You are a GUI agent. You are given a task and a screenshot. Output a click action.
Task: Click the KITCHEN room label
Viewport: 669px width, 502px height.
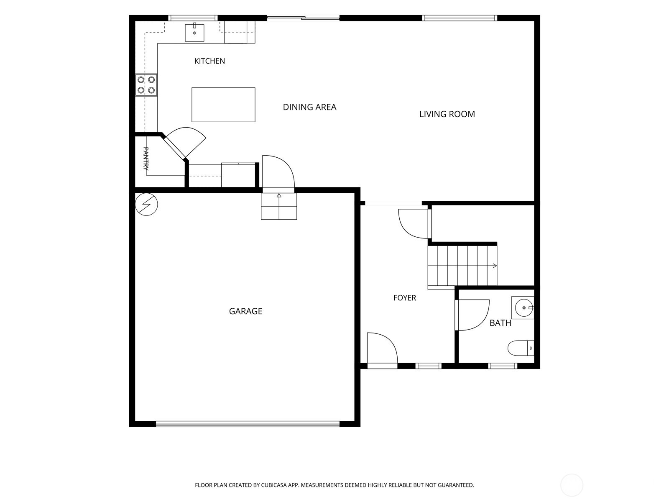209,61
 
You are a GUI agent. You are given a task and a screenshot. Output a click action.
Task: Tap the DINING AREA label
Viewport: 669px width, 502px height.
309,107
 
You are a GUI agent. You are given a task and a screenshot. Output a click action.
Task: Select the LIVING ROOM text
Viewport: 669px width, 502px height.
447,114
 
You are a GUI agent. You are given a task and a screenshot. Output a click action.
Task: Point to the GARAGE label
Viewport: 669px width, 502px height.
245,311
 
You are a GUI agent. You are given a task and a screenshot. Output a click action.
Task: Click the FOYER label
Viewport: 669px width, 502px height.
404,298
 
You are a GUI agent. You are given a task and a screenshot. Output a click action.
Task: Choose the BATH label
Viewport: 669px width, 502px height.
500,323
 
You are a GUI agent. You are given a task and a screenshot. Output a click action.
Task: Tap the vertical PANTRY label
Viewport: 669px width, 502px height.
146,159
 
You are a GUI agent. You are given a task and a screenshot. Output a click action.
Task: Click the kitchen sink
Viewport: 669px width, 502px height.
194,32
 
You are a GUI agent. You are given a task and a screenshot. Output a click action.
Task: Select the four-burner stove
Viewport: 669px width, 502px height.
146,85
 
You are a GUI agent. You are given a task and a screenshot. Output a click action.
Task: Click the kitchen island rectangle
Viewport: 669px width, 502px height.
223,105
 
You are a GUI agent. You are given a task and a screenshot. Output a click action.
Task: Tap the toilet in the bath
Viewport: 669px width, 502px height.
521,348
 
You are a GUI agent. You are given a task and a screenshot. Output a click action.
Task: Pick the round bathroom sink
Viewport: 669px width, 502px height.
523,308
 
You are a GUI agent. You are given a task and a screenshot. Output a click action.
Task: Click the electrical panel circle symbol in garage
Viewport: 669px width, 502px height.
146,204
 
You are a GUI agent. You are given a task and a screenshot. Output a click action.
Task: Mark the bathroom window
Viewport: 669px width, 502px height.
503,366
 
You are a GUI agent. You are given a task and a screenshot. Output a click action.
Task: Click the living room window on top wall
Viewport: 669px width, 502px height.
460,18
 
